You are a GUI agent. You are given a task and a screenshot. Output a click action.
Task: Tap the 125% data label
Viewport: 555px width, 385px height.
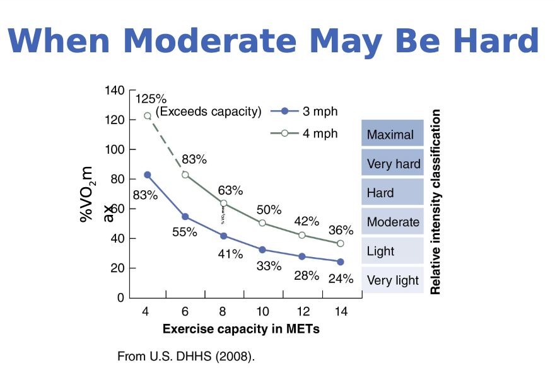[151, 99]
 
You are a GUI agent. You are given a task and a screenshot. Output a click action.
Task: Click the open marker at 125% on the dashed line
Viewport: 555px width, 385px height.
[148, 116]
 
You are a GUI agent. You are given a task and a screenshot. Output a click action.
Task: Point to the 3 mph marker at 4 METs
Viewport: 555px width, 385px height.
[148, 175]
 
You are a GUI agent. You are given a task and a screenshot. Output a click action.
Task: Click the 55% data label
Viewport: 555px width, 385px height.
[185, 232]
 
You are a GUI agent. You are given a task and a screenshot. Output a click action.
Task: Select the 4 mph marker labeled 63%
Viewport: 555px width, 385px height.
[223, 204]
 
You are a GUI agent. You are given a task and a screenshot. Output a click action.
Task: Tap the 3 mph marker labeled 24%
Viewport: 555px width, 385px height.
[341, 261]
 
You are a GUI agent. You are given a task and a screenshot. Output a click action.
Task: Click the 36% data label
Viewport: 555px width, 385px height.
[341, 231]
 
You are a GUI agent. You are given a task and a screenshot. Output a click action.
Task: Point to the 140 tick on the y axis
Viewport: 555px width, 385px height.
[114, 90]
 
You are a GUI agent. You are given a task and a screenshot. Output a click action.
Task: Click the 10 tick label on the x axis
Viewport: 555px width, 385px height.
[262, 311]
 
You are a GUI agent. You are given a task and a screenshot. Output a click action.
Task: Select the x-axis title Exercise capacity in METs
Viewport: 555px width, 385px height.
[241, 329]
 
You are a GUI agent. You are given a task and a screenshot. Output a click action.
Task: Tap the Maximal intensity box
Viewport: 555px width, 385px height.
[392, 134]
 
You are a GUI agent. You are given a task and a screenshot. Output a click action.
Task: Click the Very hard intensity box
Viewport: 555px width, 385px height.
[392, 164]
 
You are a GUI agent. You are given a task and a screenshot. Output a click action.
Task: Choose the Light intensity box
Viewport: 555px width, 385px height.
[392, 251]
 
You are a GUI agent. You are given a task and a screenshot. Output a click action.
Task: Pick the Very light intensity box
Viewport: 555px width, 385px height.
[392, 280]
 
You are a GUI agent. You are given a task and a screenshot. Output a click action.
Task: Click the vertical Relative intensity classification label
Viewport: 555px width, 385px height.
[435, 202]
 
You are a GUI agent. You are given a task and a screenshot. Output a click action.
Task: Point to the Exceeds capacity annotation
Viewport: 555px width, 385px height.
[208, 112]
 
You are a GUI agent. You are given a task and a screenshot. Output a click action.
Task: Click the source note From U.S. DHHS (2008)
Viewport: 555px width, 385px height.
[187, 357]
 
